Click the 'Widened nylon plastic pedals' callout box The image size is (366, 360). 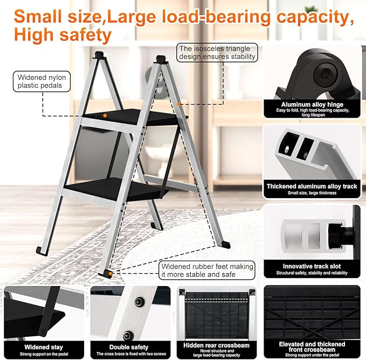(x=42, y=81)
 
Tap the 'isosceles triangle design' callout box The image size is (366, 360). (x=217, y=53)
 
